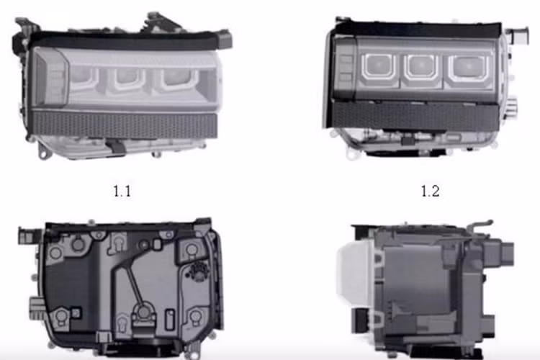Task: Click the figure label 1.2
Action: pos(430,192)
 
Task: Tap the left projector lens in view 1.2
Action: pos(376,66)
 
